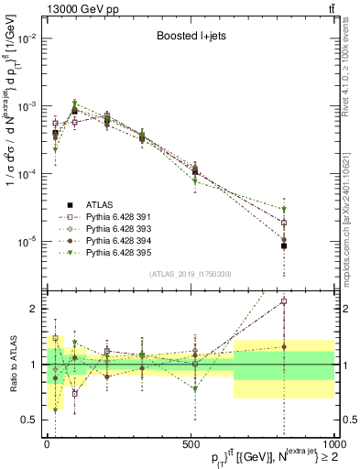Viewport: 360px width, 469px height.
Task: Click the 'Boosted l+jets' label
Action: (187, 38)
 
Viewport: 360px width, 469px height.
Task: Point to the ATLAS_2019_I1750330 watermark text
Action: (190, 274)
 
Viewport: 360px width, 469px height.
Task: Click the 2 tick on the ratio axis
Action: (35, 309)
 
